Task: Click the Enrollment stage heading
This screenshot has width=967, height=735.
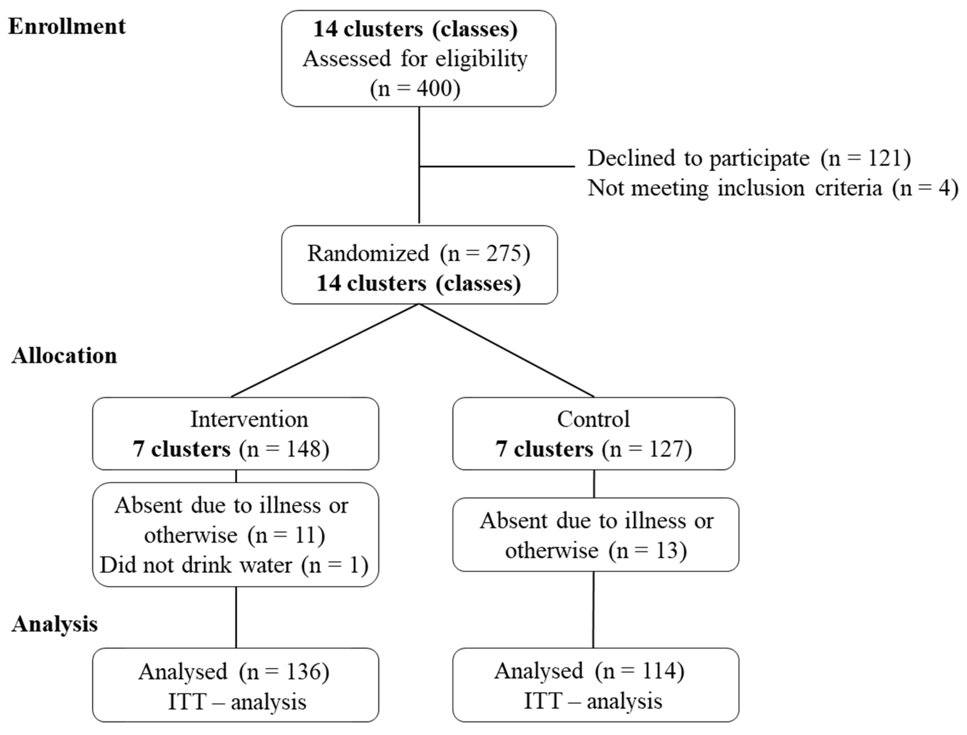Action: click(67, 26)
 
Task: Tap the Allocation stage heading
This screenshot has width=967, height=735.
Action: click(64, 355)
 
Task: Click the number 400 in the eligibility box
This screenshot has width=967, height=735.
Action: click(434, 88)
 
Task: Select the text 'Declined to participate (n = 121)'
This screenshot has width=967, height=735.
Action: click(749, 158)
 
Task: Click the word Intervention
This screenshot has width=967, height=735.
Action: click(249, 419)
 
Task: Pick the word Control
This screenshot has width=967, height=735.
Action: click(593, 419)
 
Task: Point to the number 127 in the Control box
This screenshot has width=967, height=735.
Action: click(666, 449)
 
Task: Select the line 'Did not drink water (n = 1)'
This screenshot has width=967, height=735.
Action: click(234, 565)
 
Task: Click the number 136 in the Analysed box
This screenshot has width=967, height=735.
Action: click(304, 671)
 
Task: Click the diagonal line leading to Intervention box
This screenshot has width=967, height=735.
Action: click(325, 351)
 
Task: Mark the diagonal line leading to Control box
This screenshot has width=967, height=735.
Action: click(507, 351)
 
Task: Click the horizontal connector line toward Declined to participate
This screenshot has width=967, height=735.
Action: click(497, 166)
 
